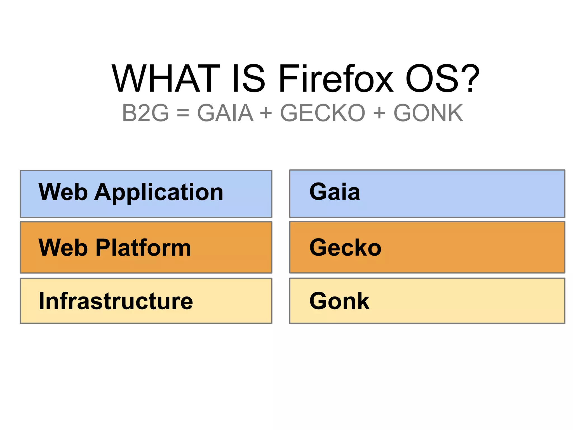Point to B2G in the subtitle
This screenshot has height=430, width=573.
point(145,113)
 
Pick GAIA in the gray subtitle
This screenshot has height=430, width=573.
point(225,113)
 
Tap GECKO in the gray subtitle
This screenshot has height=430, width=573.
point(323,113)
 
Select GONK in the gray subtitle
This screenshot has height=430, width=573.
point(428,113)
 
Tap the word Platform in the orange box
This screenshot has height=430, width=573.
point(143,248)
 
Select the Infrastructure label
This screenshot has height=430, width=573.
point(116,301)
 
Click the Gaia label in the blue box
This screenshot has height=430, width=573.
point(335,192)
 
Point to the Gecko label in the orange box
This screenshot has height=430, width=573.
point(345,247)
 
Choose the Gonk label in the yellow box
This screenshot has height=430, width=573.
point(339,301)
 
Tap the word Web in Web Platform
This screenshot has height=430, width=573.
point(63,248)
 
